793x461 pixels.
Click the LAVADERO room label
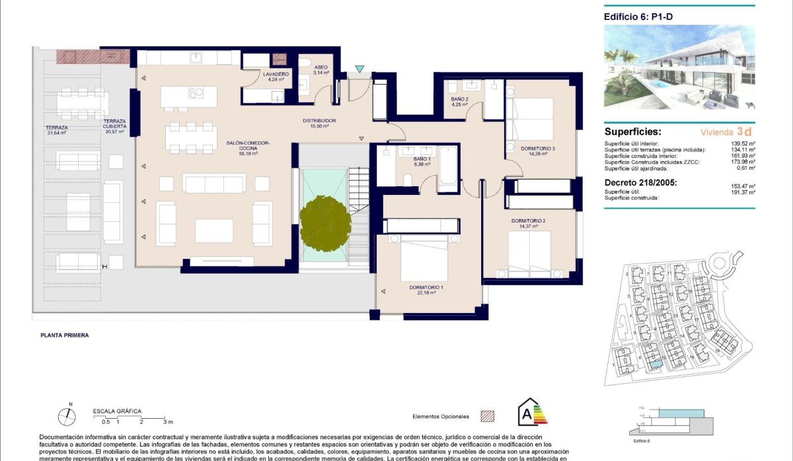pos(276,75)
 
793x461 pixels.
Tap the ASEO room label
pos(321,68)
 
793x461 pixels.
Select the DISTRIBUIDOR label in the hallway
pos(320,121)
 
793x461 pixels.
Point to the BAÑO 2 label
pos(459,100)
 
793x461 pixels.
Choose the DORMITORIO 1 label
pos(426,287)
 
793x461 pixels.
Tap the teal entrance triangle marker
pos(359,69)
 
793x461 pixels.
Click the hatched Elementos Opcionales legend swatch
pos(487,416)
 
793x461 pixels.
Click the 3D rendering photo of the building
pos(679,67)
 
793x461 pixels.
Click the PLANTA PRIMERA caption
pos(65,335)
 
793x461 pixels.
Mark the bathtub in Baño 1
pos(447,168)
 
